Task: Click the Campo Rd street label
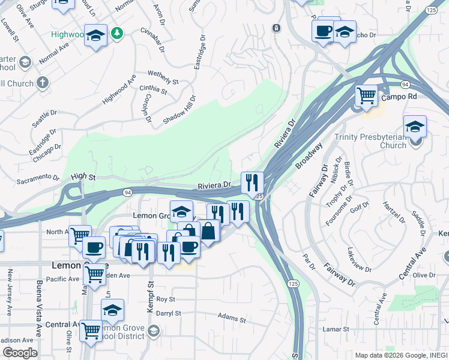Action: tap(399, 97)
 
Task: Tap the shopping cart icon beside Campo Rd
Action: tap(366, 95)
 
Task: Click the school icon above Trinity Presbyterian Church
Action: tap(415, 127)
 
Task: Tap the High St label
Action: tap(83, 177)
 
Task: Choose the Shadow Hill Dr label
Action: tap(179, 110)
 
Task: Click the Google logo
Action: tap(20, 353)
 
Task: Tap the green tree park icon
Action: tap(118, 33)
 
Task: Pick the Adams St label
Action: tap(232, 317)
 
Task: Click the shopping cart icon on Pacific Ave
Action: tap(94, 274)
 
